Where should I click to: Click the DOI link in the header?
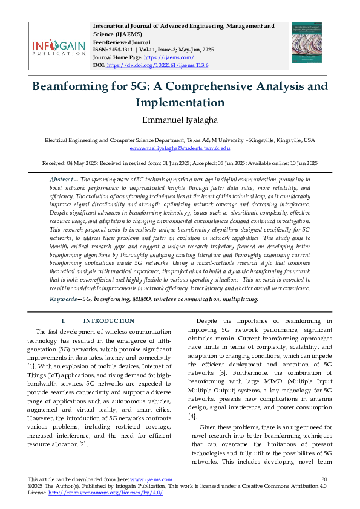(157, 65)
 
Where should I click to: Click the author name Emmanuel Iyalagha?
(180, 121)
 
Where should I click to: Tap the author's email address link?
(180, 148)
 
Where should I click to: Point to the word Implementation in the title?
(180, 102)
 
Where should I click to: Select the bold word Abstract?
(61, 180)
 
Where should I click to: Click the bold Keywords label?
(64, 299)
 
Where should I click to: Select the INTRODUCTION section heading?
(108, 320)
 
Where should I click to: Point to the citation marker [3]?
(222, 374)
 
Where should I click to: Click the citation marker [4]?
(192, 416)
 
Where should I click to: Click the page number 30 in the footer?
(324, 479)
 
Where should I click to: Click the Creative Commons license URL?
(105, 493)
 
